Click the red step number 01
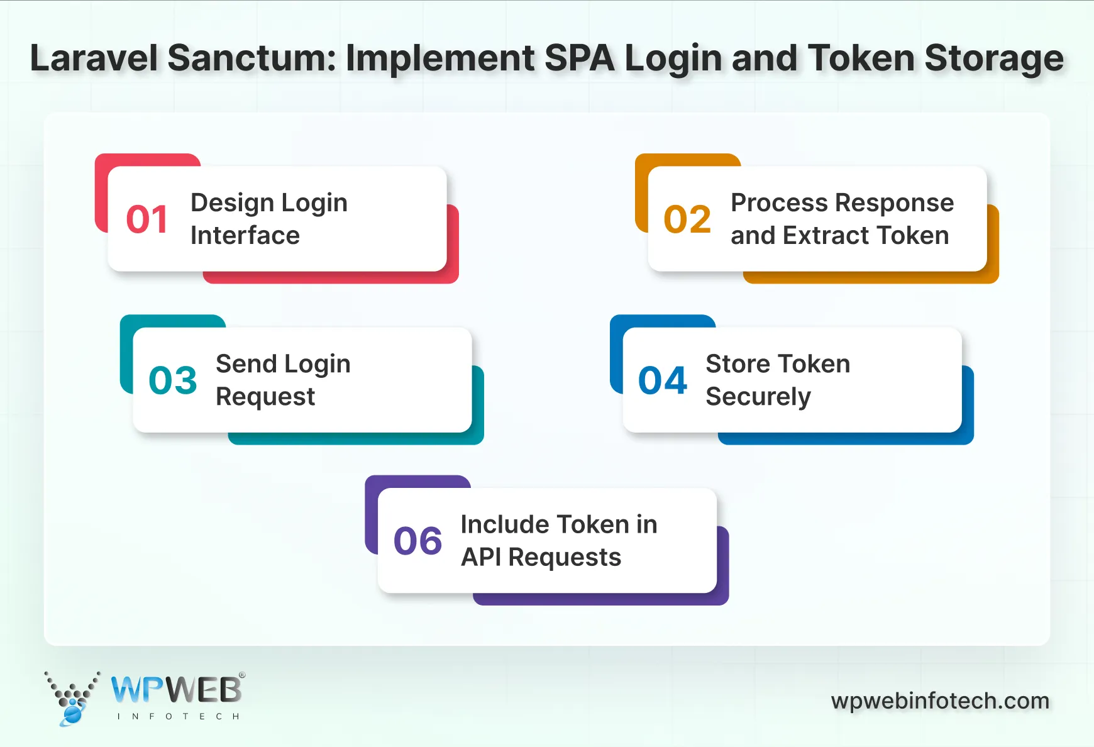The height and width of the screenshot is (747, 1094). pyautogui.click(x=147, y=219)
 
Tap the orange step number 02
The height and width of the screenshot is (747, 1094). pyautogui.click(x=687, y=219)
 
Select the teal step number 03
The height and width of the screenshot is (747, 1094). pyautogui.click(x=173, y=380)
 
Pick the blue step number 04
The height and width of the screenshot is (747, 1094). pyautogui.click(x=663, y=380)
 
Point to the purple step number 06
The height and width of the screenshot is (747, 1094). pyautogui.click(x=418, y=541)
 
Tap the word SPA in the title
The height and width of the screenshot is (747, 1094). pyautogui.click(x=579, y=58)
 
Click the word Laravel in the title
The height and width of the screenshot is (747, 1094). pyautogui.click(x=94, y=58)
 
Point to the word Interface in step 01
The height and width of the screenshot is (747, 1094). pyautogui.click(x=245, y=236)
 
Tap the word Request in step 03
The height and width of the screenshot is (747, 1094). pyautogui.click(x=265, y=397)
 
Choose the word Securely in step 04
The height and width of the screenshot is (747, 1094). pyautogui.click(x=758, y=397)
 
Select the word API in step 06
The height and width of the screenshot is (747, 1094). pyautogui.click(x=480, y=557)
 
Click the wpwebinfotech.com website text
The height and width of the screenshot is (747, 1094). pyautogui.click(x=940, y=700)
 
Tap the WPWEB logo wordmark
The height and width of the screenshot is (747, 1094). pyautogui.click(x=176, y=690)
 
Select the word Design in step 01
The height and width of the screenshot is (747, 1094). pyautogui.click(x=232, y=203)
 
